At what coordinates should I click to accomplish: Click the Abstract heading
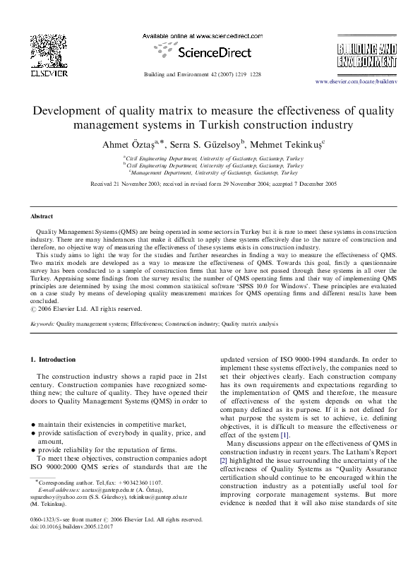tap(42, 215)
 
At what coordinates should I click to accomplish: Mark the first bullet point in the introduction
tap(33, 424)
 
